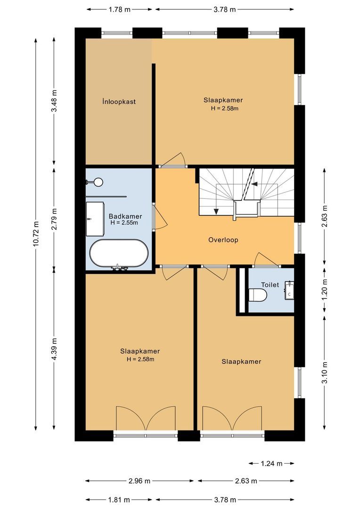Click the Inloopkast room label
[x=119, y=101]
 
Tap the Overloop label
[x=223, y=240]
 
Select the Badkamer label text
[x=125, y=216]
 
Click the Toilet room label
[x=270, y=285]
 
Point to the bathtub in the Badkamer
[x=119, y=254]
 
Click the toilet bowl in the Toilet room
[x=258, y=296]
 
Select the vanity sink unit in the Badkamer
[x=95, y=220]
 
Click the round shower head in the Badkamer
[x=98, y=181]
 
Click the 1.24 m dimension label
[x=271, y=464]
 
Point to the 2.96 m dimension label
[x=139, y=481]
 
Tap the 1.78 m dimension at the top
[x=120, y=9]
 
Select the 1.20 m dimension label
[x=324, y=288]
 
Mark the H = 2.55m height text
[x=125, y=223]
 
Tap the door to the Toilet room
[x=266, y=260]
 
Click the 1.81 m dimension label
[x=120, y=499]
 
